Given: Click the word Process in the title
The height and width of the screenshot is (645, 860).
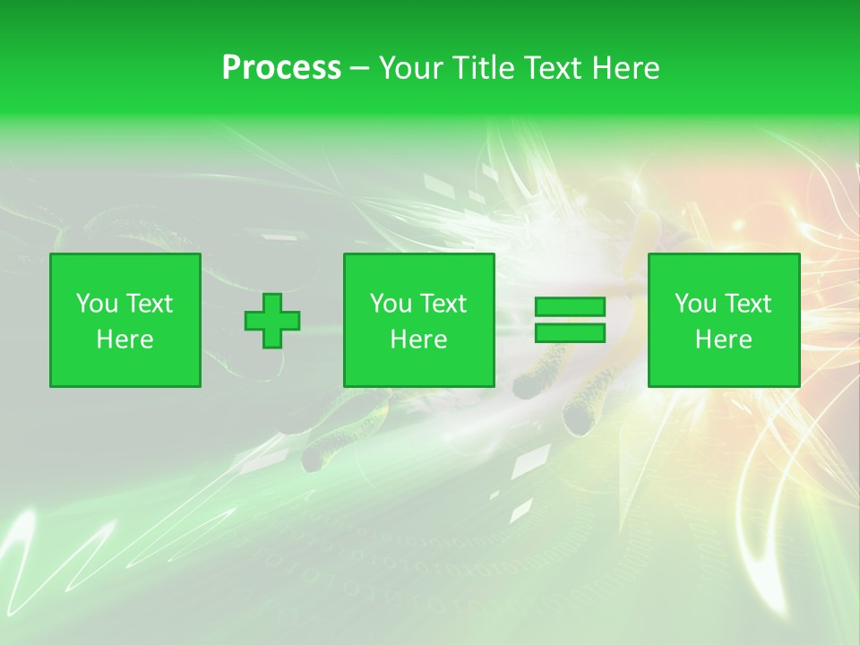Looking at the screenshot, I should (281, 68).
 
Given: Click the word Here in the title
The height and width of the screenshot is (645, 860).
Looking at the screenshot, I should (626, 68).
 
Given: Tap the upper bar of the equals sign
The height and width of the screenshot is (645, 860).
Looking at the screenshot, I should (570, 307).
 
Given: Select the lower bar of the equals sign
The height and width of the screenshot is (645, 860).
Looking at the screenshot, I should (570, 333).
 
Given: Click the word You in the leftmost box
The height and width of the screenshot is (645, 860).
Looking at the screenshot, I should (95, 304).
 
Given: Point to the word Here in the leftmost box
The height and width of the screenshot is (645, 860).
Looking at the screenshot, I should (125, 340).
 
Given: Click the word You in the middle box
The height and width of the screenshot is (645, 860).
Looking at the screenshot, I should (390, 304).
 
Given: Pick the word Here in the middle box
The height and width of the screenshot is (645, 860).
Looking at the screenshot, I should (419, 340).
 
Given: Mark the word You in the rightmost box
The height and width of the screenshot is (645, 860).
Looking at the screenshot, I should (694, 304).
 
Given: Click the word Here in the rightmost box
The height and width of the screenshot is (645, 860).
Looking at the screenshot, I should (724, 340).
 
